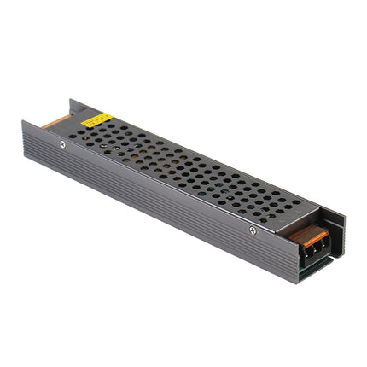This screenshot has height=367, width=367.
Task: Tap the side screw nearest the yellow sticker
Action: pyautogui.click(x=61, y=143)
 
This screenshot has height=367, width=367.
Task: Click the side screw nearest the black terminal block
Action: pyautogui.click(x=253, y=229)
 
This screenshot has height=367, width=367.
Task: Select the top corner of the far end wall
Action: pyautogui.click(x=72, y=102)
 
